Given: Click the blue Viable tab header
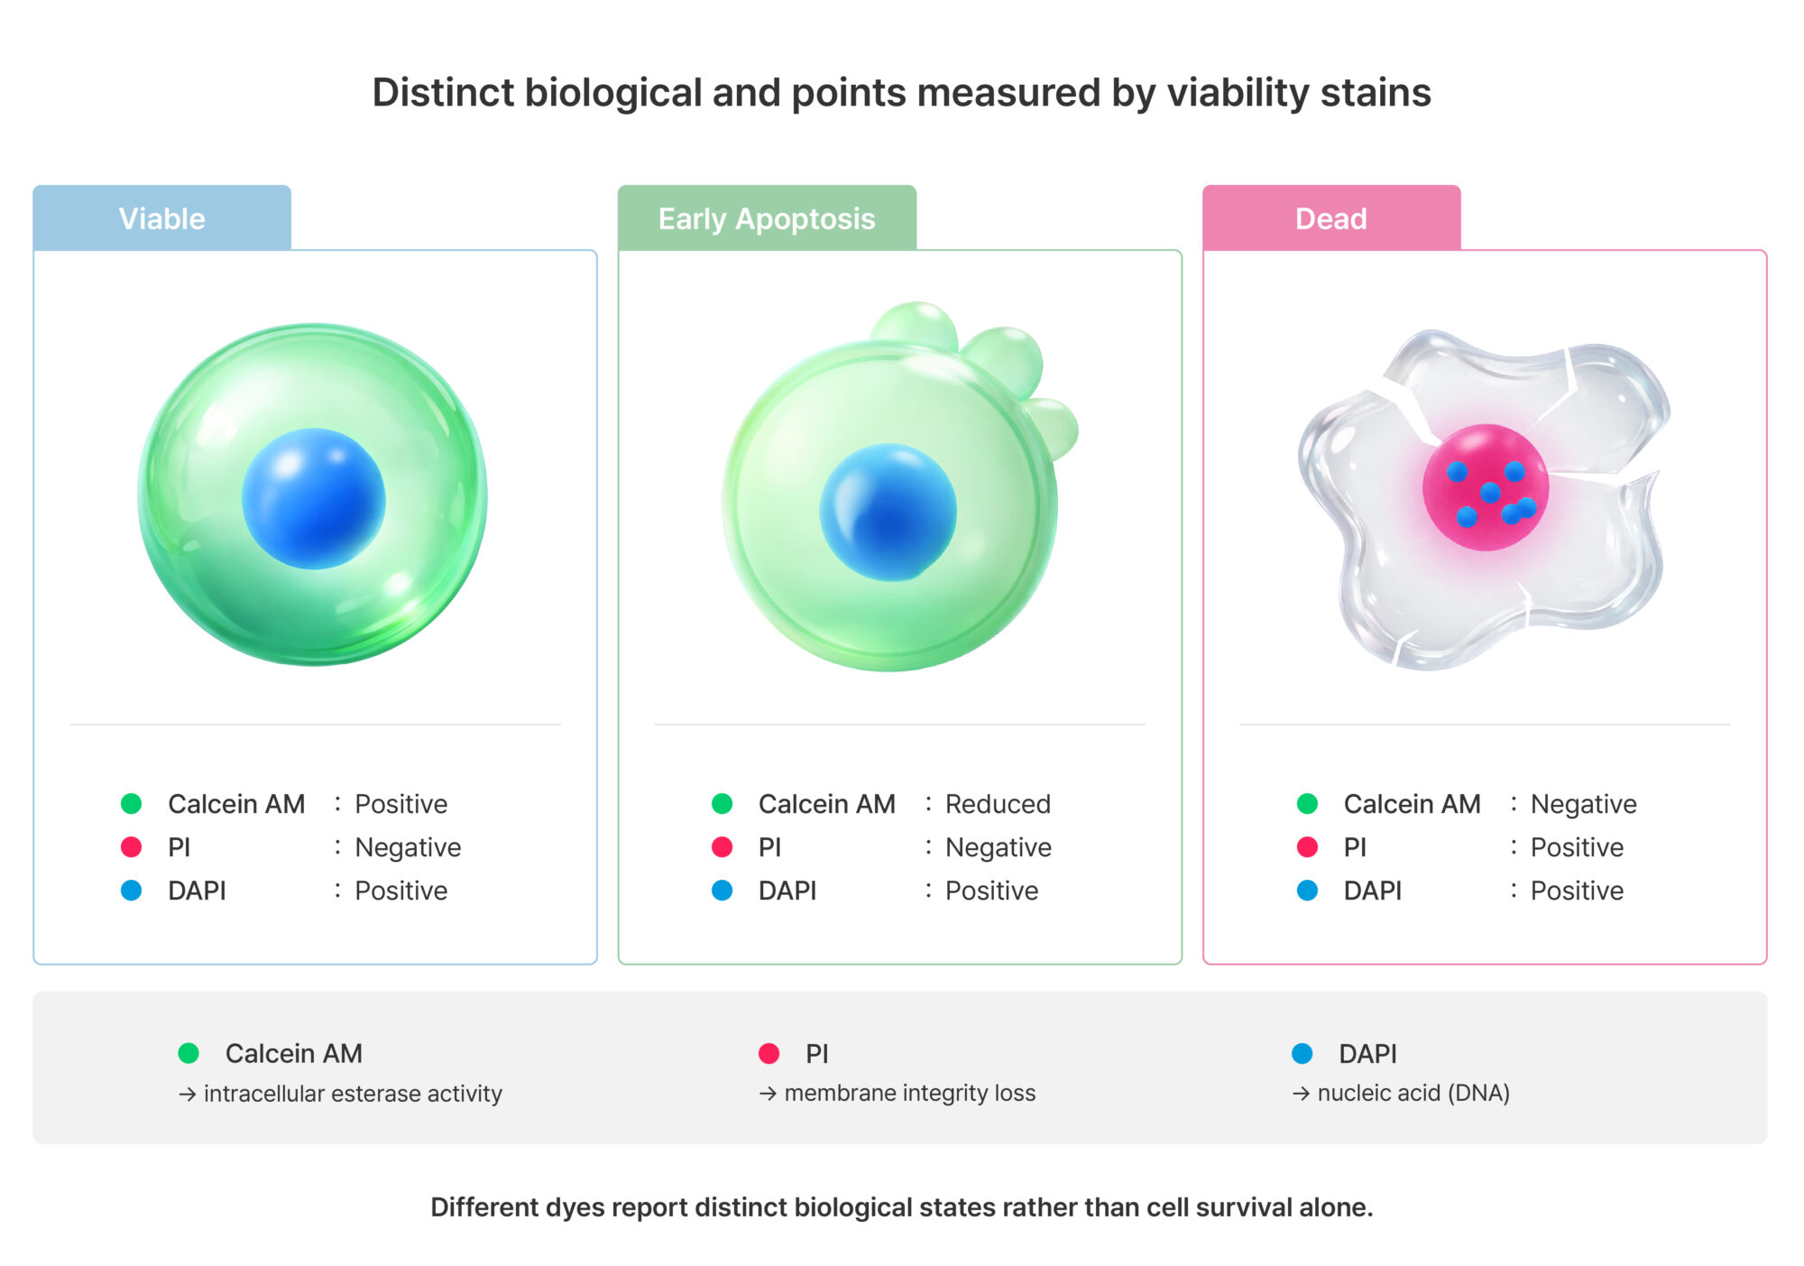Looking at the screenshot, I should pyautogui.click(x=162, y=218).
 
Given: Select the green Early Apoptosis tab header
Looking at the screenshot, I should pyautogui.click(x=767, y=218).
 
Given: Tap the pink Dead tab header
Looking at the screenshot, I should pyautogui.click(x=1331, y=218).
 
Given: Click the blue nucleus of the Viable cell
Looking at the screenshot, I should pyautogui.click(x=313, y=499).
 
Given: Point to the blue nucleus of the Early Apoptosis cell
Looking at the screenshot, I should pyautogui.click(x=888, y=512).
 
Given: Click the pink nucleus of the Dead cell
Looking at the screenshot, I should pyautogui.click(x=1486, y=487).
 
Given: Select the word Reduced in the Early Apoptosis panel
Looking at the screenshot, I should pyautogui.click(x=998, y=804).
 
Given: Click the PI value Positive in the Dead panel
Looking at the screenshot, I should pyautogui.click(x=1577, y=847).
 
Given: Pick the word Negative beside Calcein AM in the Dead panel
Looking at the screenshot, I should pyautogui.click(x=1583, y=804).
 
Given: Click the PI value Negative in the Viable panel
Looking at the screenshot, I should pyautogui.click(x=408, y=847).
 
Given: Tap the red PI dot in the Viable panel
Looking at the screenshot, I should pyautogui.click(x=132, y=847).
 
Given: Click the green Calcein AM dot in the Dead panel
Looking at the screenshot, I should pyautogui.click(x=1307, y=804).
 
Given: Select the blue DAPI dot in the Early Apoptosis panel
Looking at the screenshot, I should pyautogui.click(x=722, y=891).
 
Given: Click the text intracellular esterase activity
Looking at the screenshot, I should pyautogui.click(x=353, y=1094).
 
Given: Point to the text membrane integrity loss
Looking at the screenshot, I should pyautogui.click(x=909, y=1094).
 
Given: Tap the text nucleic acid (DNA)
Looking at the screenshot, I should pyautogui.click(x=1413, y=1094).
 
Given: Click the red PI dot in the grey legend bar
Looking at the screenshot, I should pyautogui.click(x=769, y=1053).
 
